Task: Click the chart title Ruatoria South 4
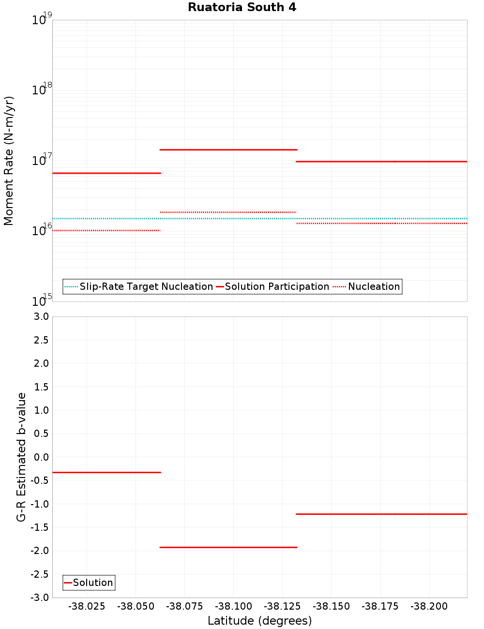[x=242, y=7]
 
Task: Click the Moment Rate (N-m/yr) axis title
[x=9, y=161]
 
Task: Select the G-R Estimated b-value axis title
[x=21, y=457]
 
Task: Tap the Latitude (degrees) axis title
[x=259, y=621]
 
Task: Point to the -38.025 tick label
[x=87, y=606]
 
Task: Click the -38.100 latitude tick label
[x=233, y=606]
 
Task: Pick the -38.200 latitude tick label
[x=429, y=606]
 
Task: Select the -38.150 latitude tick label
[x=331, y=606]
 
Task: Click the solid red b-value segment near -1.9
[x=228, y=547]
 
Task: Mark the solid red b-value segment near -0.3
[x=106, y=472]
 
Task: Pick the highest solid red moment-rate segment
[x=228, y=150]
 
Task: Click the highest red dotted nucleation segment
[x=228, y=212]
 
